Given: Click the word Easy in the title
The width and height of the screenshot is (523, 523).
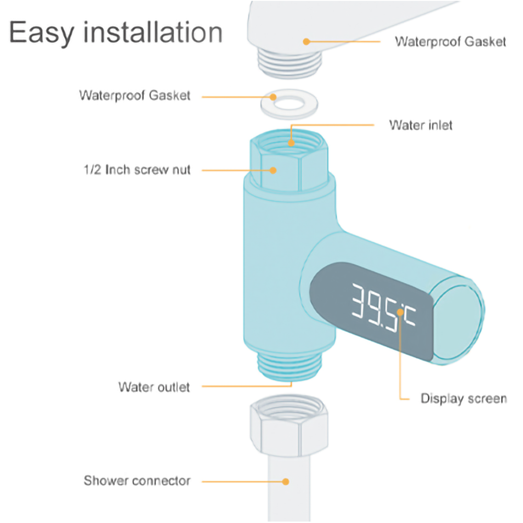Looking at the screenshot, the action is click(41, 32).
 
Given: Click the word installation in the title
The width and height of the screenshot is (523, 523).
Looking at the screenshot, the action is click(153, 32).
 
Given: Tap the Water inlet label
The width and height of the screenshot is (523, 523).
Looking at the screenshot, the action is click(420, 125).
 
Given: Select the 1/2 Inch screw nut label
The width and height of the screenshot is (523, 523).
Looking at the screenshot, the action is click(137, 170).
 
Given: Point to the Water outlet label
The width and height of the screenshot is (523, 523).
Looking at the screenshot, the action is click(154, 387).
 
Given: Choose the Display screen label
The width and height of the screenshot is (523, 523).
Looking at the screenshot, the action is click(463, 398).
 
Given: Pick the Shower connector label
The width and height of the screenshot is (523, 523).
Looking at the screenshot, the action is click(137, 481).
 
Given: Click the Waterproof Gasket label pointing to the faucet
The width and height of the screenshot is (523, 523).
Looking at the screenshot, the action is click(450, 42).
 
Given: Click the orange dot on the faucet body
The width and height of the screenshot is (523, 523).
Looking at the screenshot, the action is click(306, 42).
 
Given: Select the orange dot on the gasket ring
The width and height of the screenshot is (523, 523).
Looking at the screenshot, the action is click(273, 97).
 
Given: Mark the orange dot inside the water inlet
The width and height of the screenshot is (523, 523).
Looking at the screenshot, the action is click(291, 143).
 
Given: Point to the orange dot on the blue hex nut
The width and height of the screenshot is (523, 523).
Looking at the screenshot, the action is click(273, 170).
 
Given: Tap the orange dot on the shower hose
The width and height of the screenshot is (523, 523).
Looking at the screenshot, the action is click(286, 482).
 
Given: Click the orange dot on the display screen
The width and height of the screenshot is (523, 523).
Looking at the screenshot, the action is click(400, 312).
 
